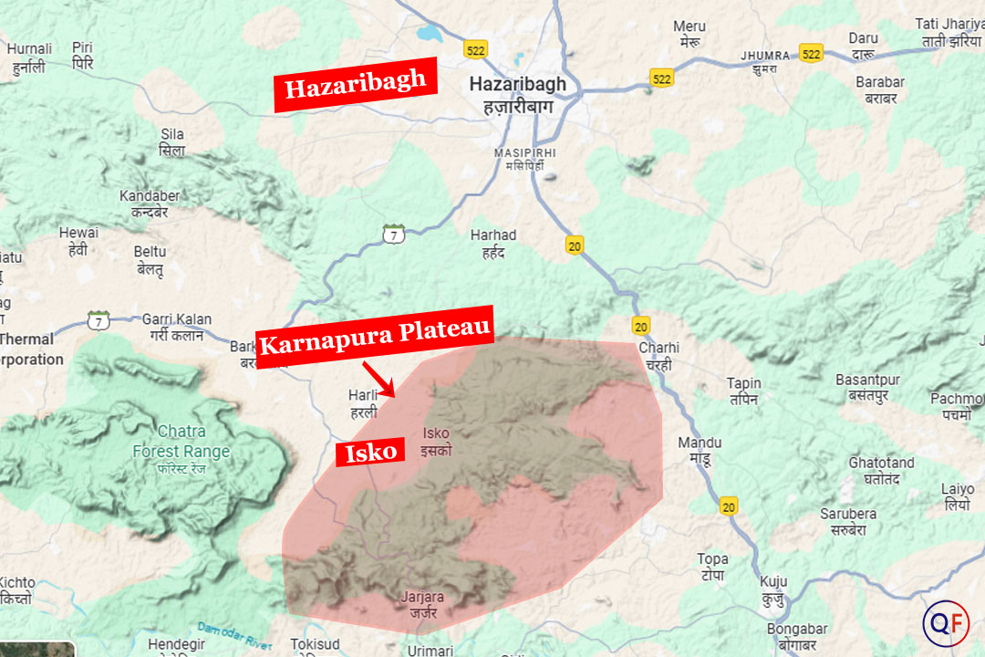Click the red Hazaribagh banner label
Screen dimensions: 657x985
tap(356, 86)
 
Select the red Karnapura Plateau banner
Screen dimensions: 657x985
tap(375, 336)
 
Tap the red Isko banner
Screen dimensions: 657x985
tap(370, 451)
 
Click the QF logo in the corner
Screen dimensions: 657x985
tap(945, 624)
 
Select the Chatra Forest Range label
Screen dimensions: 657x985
tap(181, 442)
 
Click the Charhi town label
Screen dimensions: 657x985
tap(658, 355)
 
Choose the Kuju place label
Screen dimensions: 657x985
tap(773, 589)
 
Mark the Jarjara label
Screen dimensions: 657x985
tap(422, 604)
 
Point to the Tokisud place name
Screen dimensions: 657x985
tap(315, 644)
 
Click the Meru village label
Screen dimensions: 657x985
tap(689, 34)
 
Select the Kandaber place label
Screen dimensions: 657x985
tap(150, 203)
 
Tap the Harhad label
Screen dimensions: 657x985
tap(493, 243)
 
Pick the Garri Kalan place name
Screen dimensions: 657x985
tap(176, 327)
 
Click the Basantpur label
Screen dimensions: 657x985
tap(867, 387)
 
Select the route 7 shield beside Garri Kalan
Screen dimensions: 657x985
tap(98, 320)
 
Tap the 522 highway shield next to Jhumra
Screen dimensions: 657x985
tap(811, 53)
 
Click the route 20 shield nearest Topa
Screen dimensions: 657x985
tap(727, 506)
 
